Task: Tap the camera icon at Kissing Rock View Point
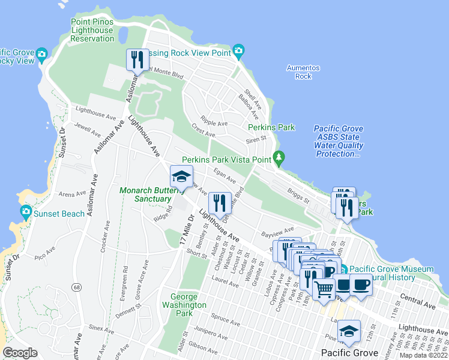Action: click(238, 50)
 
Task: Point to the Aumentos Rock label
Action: click(303, 72)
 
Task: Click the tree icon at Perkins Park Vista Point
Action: click(279, 158)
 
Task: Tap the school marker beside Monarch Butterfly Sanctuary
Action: click(181, 176)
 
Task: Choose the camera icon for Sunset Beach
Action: click(26, 211)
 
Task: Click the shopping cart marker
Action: click(324, 289)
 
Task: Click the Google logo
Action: click(20, 353)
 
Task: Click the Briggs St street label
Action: click(298, 196)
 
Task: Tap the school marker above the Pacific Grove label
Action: click(348, 331)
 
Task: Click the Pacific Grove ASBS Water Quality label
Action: click(339, 142)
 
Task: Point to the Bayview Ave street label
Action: click(277, 230)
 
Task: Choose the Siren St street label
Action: click(256, 140)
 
